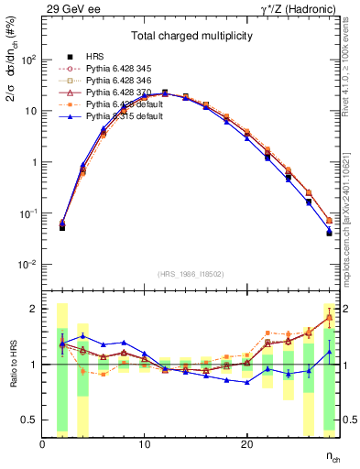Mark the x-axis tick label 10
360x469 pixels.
click(x=144, y=444)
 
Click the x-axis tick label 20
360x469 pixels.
click(x=246, y=444)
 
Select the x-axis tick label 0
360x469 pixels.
click(x=43, y=444)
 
